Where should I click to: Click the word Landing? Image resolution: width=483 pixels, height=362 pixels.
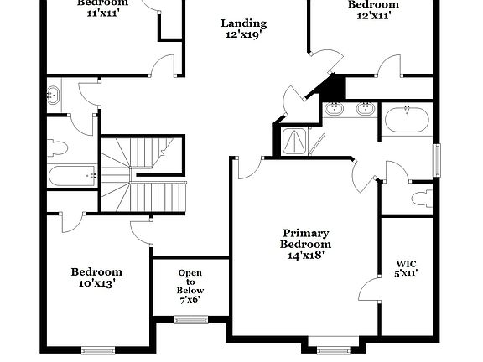click(x=244, y=23)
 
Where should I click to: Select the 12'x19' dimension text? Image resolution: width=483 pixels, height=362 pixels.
click(x=244, y=36)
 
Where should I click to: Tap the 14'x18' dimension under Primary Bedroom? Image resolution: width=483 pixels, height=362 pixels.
click(x=306, y=256)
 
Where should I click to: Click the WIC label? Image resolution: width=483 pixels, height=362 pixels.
click(x=406, y=262)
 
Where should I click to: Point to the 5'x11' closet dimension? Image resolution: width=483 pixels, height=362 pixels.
click(x=406, y=272)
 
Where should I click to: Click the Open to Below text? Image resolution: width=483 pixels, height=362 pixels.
click(x=190, y=282)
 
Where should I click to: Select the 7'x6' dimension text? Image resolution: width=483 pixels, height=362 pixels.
click(x=190, y=300)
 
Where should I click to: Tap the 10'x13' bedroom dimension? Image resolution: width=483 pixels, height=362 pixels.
click(x=96, y=283)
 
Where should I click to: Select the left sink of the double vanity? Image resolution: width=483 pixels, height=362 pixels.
click(x=335, y=109)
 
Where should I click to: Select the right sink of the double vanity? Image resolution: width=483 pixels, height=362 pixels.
click(x=366, y=109)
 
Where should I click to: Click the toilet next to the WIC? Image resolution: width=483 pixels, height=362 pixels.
click(x=422, y=199)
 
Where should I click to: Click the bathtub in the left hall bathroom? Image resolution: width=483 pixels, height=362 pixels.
click(x=72, y=176)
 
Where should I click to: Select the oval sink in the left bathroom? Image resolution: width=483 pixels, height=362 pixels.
click(x=54, y=96)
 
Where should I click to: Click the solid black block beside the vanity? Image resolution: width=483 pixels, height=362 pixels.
click(x=335, y=85)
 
